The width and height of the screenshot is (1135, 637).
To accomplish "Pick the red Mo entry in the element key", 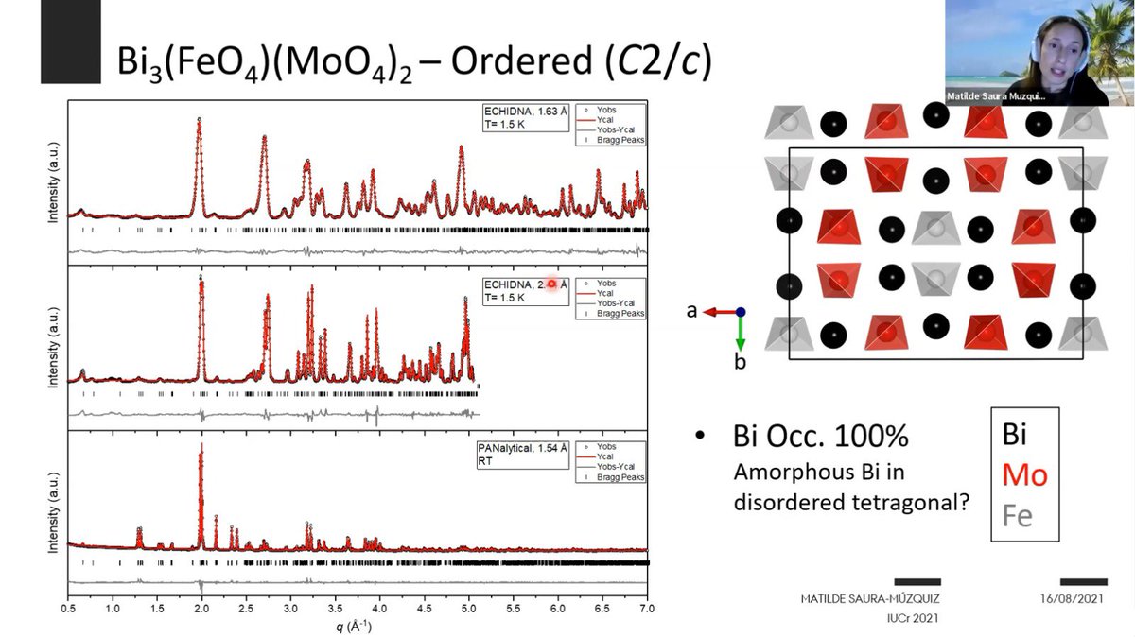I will point(1024,474).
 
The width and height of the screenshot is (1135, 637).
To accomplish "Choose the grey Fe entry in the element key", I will point(1017,516).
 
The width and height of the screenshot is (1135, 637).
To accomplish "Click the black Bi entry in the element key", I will point(1014,434).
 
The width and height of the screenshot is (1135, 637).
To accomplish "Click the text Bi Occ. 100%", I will point(821,438).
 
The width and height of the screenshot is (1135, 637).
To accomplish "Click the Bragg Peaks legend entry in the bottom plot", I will point(619,477).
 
